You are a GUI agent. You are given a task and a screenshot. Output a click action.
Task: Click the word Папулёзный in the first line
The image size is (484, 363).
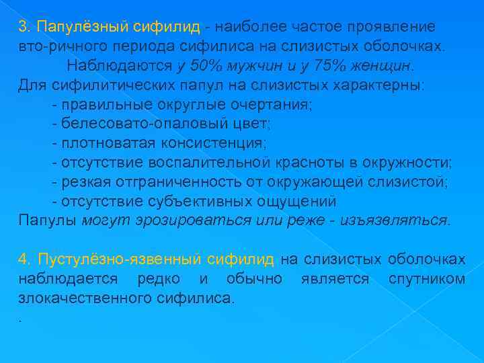[x=84, y=27]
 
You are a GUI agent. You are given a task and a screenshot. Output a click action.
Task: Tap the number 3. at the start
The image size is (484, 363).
[x=25, y=27]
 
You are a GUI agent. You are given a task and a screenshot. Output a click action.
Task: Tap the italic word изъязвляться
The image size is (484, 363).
[x=394, y=220]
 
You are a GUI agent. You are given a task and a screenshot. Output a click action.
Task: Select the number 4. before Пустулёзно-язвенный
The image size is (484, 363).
[x=25, y=259]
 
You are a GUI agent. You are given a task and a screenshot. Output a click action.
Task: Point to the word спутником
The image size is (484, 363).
[x=427, y=278]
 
